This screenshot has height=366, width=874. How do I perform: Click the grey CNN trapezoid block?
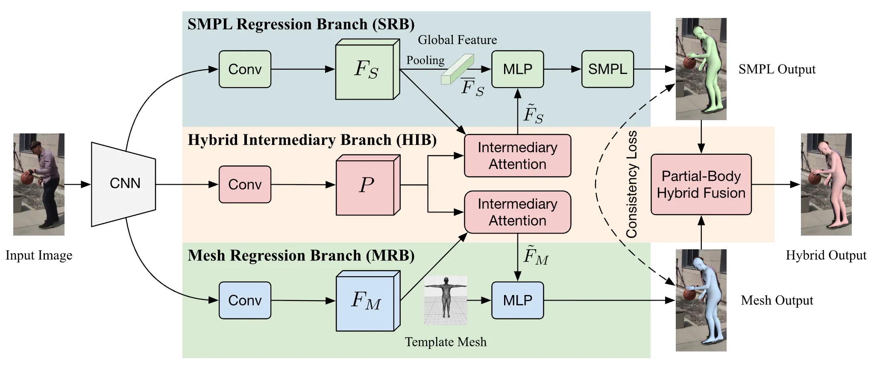[x=123, y=184]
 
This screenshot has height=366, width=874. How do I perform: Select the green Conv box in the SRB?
[x=245, y=69]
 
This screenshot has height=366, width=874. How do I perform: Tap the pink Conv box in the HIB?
[x=245, y=184]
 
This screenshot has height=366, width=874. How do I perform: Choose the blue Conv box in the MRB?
[x=245, y=300]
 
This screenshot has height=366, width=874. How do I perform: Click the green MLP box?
[x=517, y=69]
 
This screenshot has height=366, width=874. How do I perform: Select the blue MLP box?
[x=517, y=300]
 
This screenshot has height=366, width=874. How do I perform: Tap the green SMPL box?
[x=607, y=69]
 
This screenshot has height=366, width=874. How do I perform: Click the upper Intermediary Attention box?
[x=517, y=156]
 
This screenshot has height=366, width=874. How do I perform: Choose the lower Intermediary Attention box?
[x=517, y=212]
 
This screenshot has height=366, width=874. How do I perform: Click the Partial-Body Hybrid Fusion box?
[x=701, y=184]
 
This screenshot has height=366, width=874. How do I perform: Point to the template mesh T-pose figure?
[x=446, y=299]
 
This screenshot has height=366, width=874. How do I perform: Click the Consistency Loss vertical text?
[x=631, y=184]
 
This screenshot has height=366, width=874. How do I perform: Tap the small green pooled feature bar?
[x=457, y=69]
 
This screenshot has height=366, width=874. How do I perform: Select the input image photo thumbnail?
[x=39, y=184]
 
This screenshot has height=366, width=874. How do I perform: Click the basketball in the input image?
[x=27, y=177]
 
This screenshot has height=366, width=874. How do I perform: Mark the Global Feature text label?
[x=457, y=40]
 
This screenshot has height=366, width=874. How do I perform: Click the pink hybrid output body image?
[x=826, y=184]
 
